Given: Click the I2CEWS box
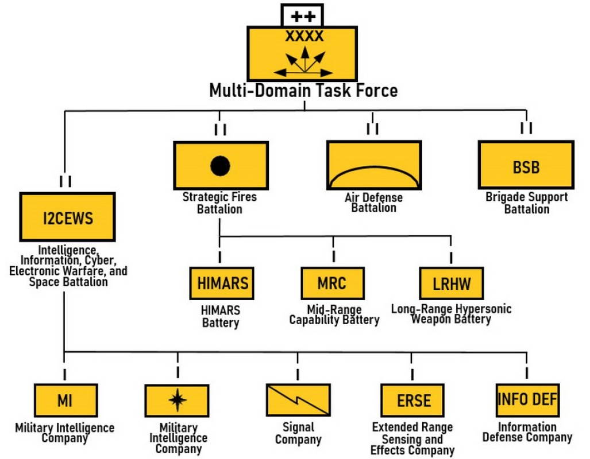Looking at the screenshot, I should point(68,217).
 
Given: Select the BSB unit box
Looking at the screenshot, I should point(526,165).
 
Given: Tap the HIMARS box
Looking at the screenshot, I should point(222,283).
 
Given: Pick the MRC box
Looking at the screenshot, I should point(333,283).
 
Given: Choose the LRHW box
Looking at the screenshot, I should point(451,283).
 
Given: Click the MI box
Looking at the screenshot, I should point(64,400).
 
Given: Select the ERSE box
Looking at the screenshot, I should point(413,400).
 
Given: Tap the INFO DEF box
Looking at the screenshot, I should point(527,399).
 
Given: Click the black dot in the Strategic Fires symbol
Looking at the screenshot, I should point(220,166).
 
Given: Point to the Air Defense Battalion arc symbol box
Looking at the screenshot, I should point(373,165).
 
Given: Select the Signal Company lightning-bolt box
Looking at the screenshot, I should point(298,400).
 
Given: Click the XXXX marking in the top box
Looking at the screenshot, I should point(304,37).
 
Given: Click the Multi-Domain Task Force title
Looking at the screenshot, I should point(303,91).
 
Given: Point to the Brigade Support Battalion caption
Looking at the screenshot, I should point(526,203).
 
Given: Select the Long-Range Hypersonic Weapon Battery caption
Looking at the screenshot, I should point(451,314).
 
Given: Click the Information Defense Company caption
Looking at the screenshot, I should point(527,432).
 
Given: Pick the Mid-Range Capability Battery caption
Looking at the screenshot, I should point(334,314).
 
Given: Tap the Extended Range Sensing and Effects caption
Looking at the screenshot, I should point(412,439).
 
